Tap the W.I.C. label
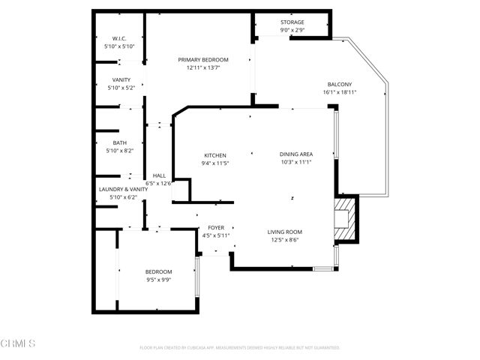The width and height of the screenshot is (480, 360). (119, 39)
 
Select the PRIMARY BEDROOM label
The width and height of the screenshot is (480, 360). (203, 59)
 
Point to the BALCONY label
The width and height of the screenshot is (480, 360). (340, 84)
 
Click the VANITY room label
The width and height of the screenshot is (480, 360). (121, 80)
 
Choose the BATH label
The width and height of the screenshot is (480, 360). (120, 142)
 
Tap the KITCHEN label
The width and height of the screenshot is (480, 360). (214, 155)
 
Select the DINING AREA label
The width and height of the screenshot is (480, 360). (295, 154)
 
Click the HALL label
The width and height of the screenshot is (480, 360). (159, 175)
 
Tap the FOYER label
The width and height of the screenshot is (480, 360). (215, 227)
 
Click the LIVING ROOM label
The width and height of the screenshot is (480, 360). (284, 232)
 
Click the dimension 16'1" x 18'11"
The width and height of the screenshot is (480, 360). (340, 92)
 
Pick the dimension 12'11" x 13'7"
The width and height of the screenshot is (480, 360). (203, 67)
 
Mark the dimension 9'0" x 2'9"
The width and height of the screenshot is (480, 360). (293, 31)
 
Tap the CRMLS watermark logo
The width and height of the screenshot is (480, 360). (19, 343)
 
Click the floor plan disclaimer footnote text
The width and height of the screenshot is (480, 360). (240, 348)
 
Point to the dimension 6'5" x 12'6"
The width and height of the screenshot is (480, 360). (159, 183)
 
